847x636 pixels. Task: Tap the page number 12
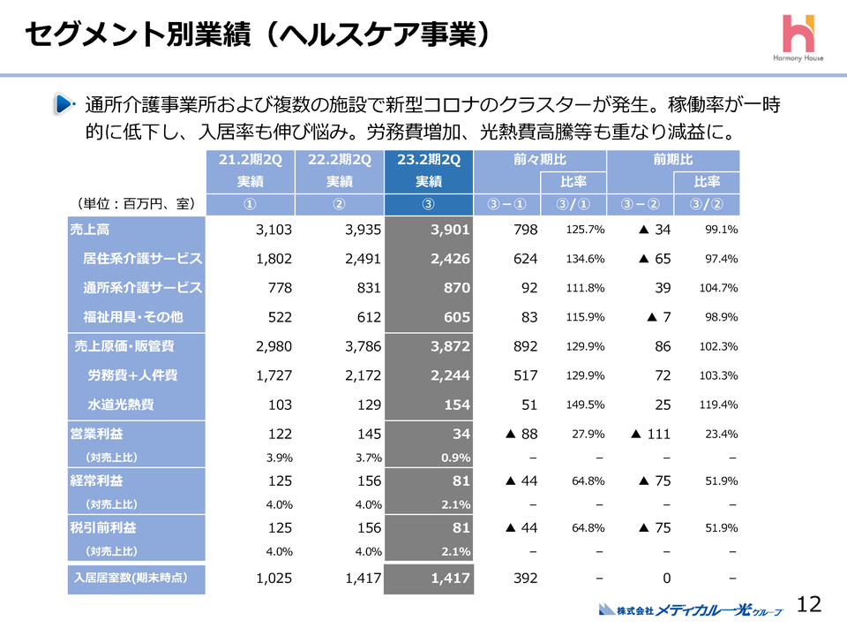coord(809,604)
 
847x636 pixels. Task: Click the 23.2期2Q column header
coord(428,160)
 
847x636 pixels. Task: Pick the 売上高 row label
coord(90,229)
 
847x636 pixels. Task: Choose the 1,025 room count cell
coord(274,579)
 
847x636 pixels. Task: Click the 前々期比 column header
coord(539,160)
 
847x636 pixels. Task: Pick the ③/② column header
coord(707,205)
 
